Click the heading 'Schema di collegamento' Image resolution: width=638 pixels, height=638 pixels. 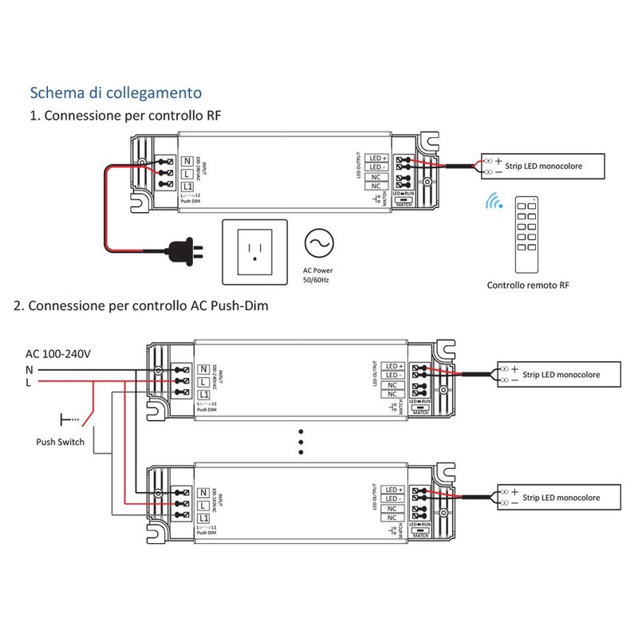click(x=116, y=93)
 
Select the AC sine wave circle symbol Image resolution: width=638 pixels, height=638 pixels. click(x=317, y=242)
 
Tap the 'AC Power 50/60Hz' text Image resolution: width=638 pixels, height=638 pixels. click(x=317, y=275)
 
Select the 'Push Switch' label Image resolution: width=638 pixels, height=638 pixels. click(x=60, y=441)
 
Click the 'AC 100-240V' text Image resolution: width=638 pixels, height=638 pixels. click(x=57, y=354)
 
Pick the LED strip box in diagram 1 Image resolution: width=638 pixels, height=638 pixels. click(x=542, y=166)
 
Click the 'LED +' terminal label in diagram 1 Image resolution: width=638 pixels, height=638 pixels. click(x=376, y=158)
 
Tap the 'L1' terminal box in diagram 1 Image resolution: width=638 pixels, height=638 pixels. click(x=188, y=186)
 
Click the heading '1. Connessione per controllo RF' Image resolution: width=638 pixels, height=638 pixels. click(x=125, y=116)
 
